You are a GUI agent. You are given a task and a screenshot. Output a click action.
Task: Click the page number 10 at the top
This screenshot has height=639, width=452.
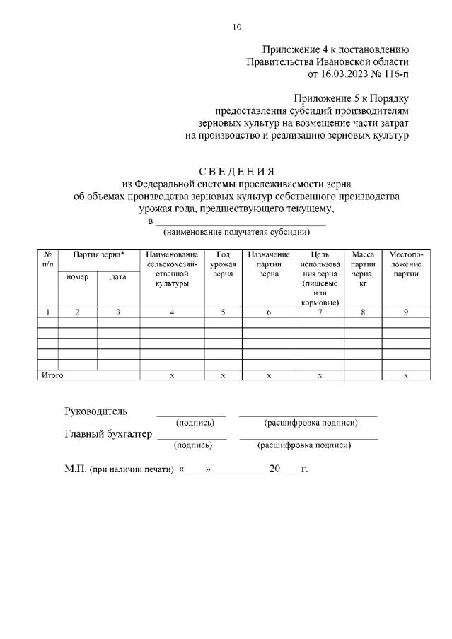click(237, 27)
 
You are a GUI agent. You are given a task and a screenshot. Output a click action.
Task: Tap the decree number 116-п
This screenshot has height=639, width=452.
click(397, 73)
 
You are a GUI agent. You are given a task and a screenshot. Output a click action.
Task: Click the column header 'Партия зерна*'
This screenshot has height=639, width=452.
click(98, 254)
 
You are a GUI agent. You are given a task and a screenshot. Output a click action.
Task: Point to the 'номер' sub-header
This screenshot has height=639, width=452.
click(77, 277)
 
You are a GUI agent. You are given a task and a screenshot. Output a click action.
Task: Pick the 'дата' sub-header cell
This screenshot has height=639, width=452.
click(118, 277)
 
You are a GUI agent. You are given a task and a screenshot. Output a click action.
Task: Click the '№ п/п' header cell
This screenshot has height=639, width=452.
click(47, 259)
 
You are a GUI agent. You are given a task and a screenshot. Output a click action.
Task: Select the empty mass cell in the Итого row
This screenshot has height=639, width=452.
click(362, 375)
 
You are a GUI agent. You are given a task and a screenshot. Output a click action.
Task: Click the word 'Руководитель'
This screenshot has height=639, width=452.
click(96, 411)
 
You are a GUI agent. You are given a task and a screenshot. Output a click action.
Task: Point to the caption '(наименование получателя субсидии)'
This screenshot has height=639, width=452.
click(236, 232)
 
